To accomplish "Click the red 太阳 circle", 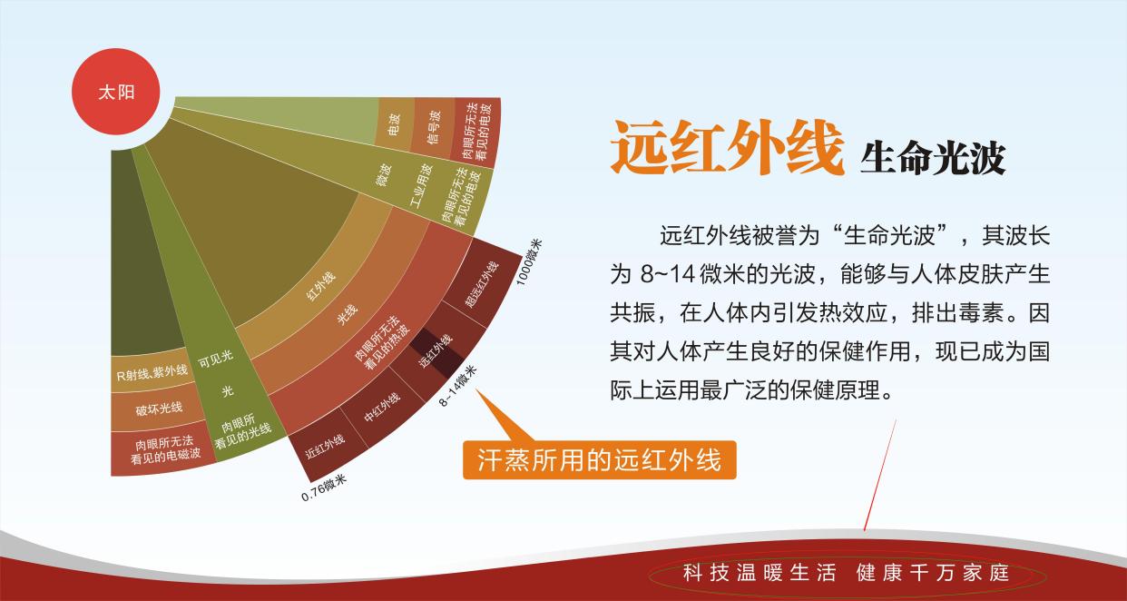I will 116,92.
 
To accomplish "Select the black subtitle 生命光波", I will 933,157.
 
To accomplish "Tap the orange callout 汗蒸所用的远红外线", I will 599,460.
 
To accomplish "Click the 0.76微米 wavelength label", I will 325,487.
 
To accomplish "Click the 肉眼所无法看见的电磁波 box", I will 164,451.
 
